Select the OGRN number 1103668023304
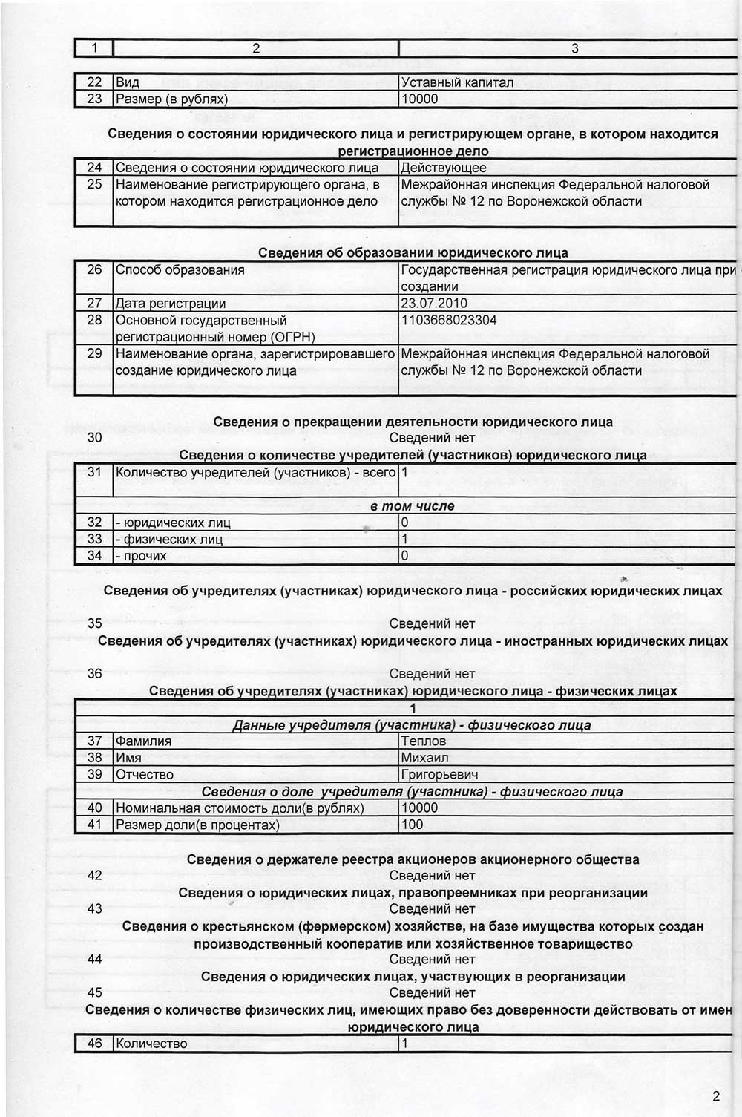tap(449, 320)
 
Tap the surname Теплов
tap(423, 741)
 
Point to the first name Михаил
tap(424, 758)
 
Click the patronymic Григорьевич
tap(439, 775)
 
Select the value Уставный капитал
tap(457, 82)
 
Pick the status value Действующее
tap(444, 168)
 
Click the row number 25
tap(94, 184)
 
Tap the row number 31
tap(94, 472)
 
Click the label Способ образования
tap(180, 269)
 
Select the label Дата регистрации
tap(171, 303)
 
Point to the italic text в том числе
tap(412, 506)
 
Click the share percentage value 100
tap(412, 825)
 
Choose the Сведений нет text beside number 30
tap(432, 438)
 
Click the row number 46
tap(94, 1044)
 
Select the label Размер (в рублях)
tap(171, 99)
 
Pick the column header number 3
tap(574, 48)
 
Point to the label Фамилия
tap(143, 741)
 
